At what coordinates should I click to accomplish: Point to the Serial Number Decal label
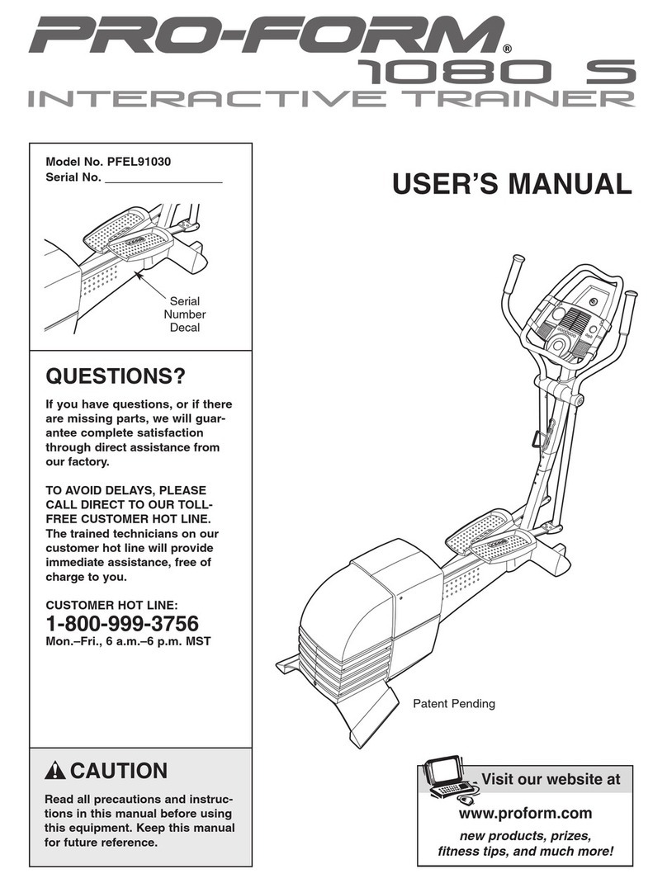pyautogui.click(x=185, y=314)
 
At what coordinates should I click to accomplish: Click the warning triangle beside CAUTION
pyautogui.click(x=57, y=772)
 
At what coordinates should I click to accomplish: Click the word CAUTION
pyautogui.click(x=119, y=772)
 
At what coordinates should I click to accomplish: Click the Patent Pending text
pyautogui.click(x=453, y=704)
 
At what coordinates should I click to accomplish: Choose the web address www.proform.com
pyautogui.click(x=525, y=814)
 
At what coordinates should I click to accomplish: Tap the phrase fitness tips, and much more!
pyautogui.click(x=525, y=852)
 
